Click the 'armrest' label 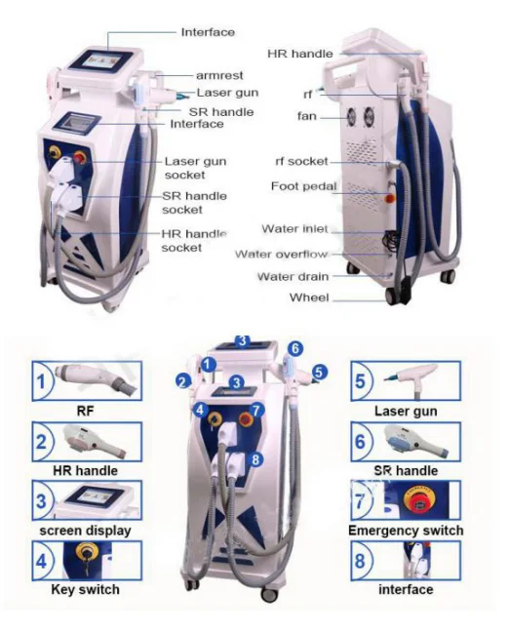pos(219,75)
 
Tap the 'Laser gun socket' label pos(195,168)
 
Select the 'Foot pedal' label pos(303,186)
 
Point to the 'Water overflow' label pos(281,254)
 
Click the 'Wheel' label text pos(309,297)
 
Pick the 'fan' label pos(307,116)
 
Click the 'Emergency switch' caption pos(406,530)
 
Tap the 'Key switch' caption pos(85,589)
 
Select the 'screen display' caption pos(85,531)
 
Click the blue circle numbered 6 pos(295,348)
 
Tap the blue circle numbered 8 pos(255,459)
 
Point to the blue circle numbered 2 pos(183,381)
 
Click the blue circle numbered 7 pos(256,411)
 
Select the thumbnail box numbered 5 pos(406,381)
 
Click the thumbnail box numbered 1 pos(87,381)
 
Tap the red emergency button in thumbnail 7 pos(419,501)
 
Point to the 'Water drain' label pos(293,277)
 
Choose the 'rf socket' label pos(301,161)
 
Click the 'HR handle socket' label pos(194,241)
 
